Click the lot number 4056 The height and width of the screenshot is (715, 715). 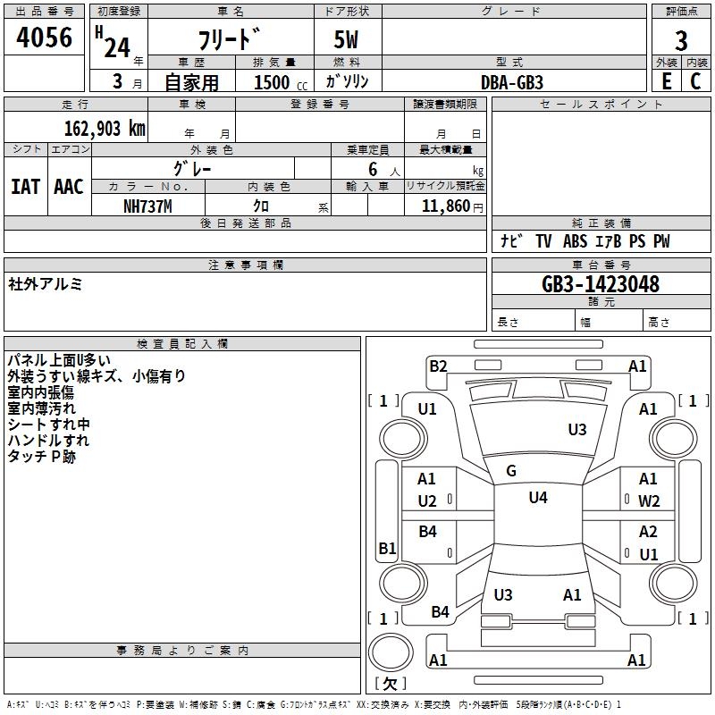[45, 38]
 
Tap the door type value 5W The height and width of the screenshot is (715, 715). [347, 40]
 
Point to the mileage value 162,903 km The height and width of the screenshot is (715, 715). [105, 129]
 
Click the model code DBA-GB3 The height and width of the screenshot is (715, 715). [511, 81]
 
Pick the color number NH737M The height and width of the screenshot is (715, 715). [147, 206]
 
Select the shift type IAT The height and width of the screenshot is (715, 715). [25, 187]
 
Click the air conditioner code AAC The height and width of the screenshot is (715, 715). [68, 187]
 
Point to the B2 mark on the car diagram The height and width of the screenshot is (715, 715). [438, 366]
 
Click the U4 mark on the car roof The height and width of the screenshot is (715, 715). [538, 498]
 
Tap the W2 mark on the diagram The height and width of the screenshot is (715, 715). [649, 501]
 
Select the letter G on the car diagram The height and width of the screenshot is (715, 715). [511, 471]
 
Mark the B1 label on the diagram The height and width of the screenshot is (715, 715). [387, 548]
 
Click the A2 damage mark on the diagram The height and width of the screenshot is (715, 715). [648, 532]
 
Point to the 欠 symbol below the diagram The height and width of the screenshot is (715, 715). [390, 684]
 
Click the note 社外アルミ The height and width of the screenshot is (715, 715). [46, 284]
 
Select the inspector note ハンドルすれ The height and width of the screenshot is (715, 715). [48, 441]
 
